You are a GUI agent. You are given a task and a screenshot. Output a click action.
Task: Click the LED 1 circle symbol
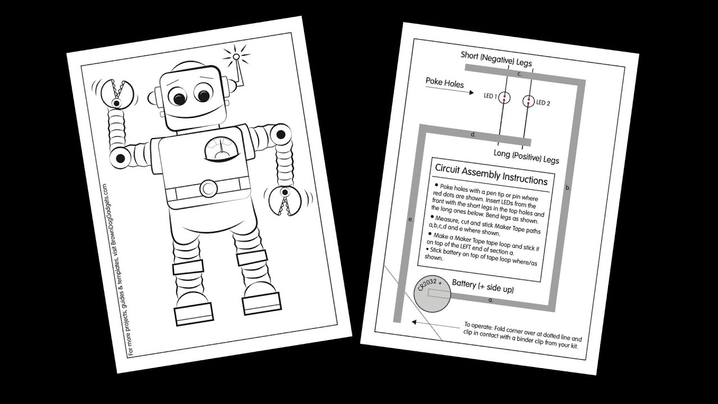(x=504, y=97)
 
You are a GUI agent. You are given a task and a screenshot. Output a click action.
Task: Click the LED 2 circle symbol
(x=528, y=102)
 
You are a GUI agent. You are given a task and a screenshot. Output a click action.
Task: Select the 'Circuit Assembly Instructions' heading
(x=491, y=174)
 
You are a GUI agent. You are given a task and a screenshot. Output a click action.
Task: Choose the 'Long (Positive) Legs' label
(x=526, y=157)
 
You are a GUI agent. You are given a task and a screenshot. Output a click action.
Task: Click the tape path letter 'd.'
(x=473, y=135)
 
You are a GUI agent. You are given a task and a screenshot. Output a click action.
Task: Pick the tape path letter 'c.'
(x=519, y=74)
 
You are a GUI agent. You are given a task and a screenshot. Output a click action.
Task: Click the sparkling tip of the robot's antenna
(x=236, y=56)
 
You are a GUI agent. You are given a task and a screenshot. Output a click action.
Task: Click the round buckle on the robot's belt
(x=209, y=187)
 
